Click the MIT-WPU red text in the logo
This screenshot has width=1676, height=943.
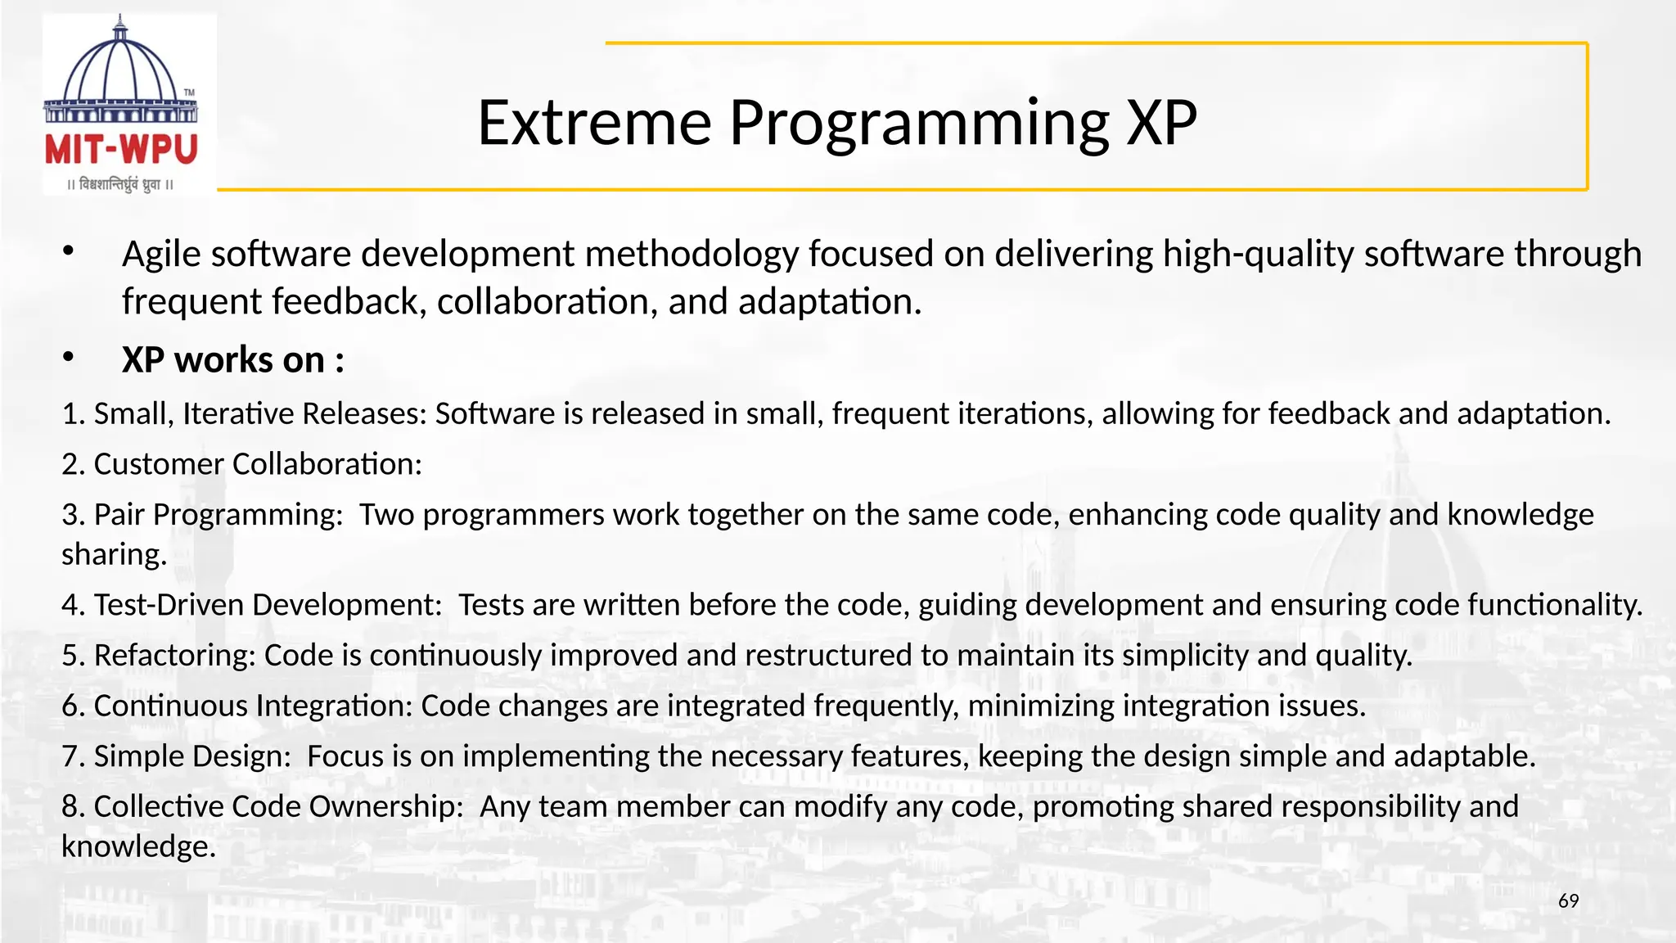click(121, 150)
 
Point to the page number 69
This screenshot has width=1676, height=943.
click(1568, 901)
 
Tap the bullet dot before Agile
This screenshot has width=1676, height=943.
click(69, 251)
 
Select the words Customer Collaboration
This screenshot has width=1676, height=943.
click(257, 464)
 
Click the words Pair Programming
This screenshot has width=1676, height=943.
click(218, 515)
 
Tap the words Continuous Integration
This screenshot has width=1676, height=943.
click(253, 706)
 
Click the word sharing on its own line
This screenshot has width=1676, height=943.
click(113, 555)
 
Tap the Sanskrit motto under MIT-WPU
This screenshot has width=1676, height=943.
click(120, 184)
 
